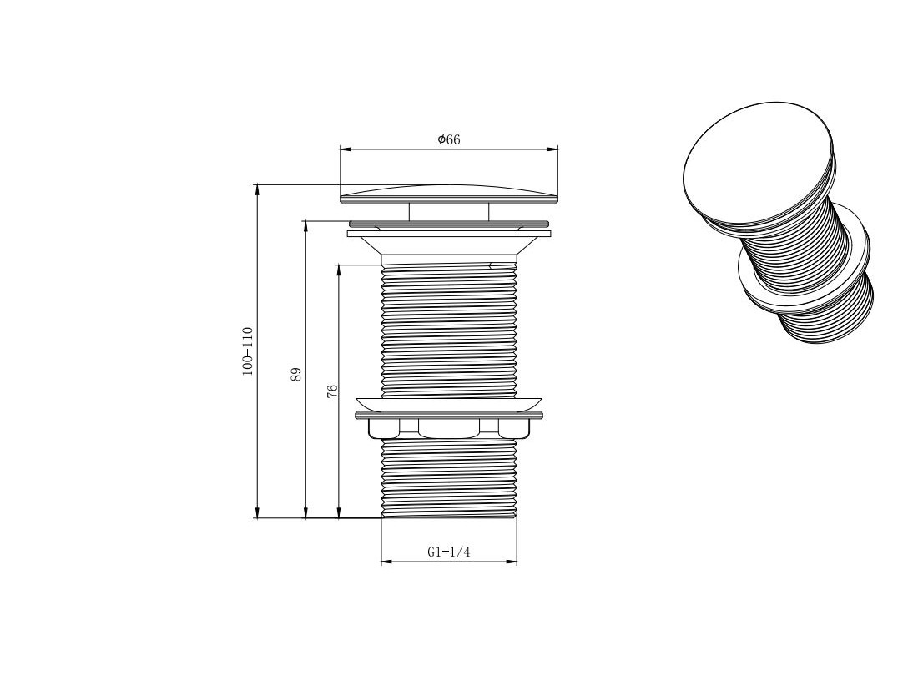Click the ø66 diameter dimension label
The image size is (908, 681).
(x=449, y=139)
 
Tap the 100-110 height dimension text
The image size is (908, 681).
(x=248, y=351)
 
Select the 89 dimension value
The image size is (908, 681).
(x=296, y=374)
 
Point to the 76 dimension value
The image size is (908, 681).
(x=332, y=391)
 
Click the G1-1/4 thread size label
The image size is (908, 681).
(x=449, y=552)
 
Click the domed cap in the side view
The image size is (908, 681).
(x=449, y=194)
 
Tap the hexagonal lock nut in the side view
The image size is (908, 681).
(x=449, y=427)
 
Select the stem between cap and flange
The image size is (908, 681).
(x=449, y=212)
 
